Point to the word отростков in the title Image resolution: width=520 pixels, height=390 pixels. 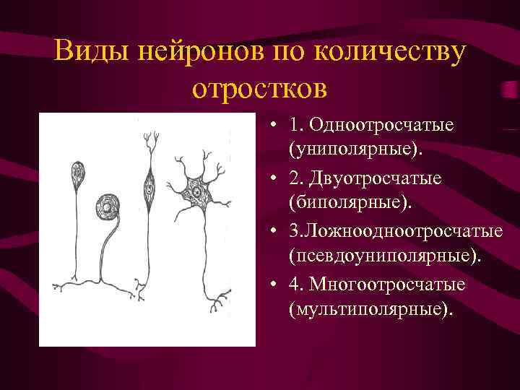pos(260,88)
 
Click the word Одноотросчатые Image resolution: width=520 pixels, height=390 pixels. pos(381,125)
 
